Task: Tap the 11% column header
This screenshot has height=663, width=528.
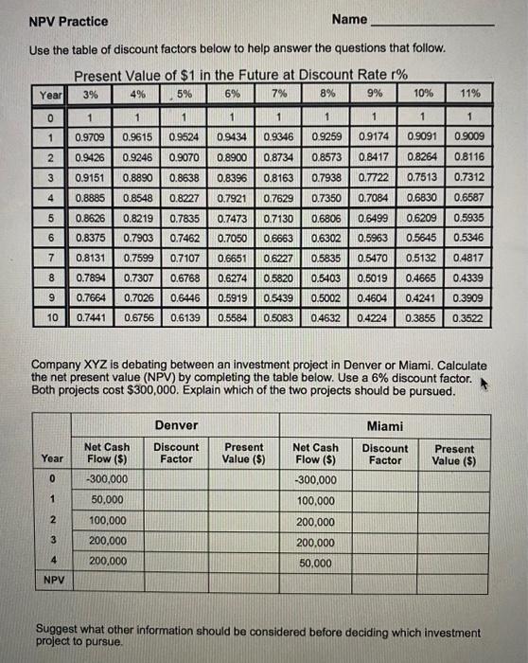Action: point(470,94)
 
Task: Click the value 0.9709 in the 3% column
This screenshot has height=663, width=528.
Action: point(90,138)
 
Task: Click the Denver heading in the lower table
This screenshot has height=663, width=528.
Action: point(176,426)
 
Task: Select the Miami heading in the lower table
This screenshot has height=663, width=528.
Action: point(385,426)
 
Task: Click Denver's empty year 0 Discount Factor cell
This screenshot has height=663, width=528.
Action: point(176,478)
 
